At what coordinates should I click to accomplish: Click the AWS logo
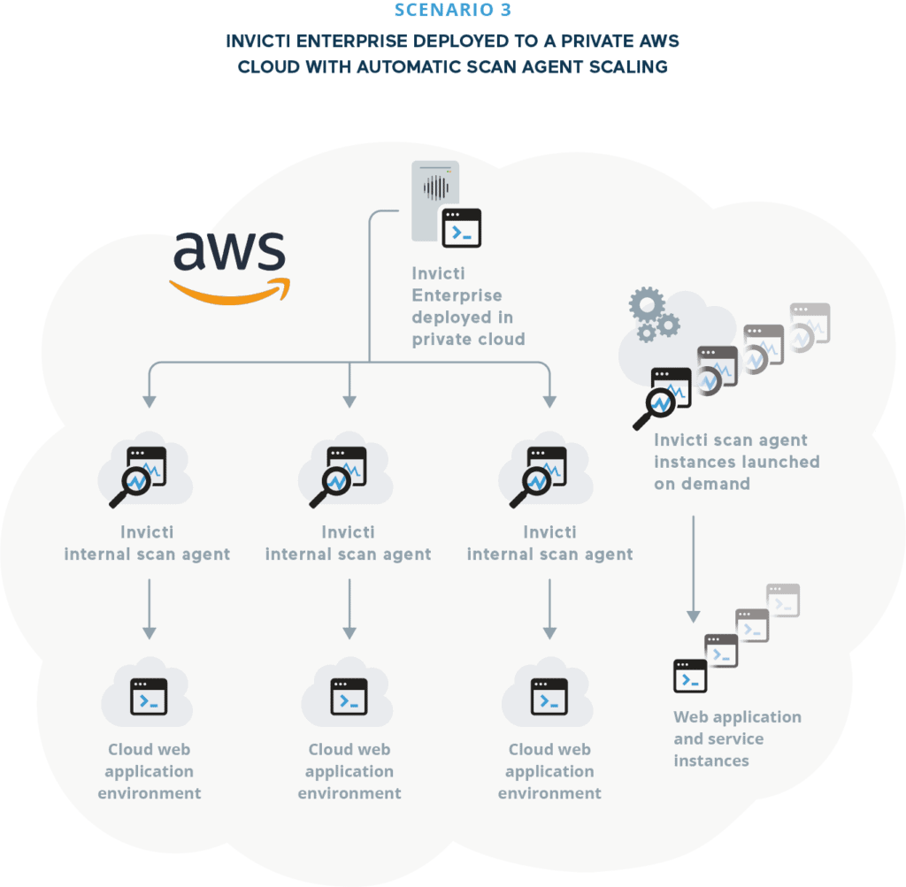(229, 265)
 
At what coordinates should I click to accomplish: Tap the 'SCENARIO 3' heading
(452, 11)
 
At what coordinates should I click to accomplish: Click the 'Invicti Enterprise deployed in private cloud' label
(468, 306)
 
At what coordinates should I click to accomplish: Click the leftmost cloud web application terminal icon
(149, 697)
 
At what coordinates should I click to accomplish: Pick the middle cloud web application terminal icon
(349, 697)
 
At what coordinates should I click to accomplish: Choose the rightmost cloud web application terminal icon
(549, 697)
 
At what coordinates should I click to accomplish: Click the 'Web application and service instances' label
(736, 738)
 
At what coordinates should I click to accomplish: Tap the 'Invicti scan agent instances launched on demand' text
(736, 462)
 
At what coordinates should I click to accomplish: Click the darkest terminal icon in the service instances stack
(690, 676)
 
